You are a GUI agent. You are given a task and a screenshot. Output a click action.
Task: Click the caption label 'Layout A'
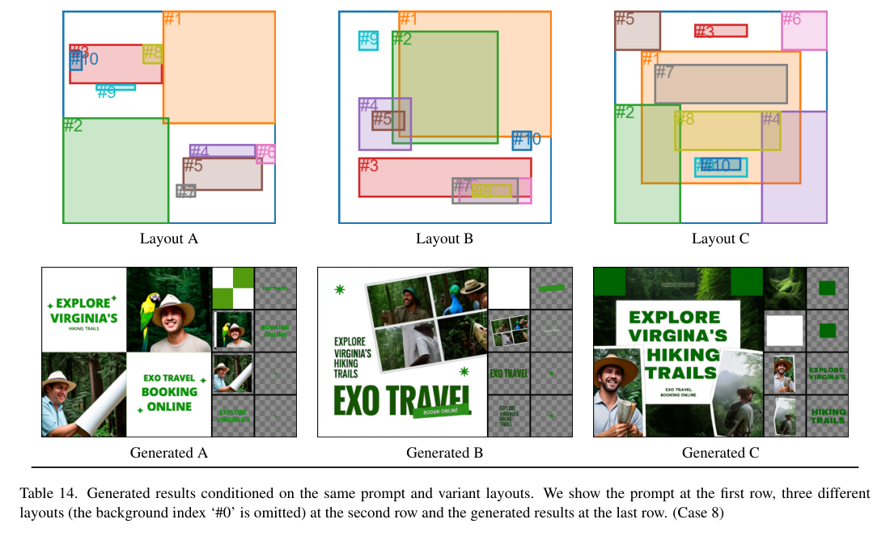(x=168, y=239)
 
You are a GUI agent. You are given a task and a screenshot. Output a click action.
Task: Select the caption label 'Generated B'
(x=444, y=454)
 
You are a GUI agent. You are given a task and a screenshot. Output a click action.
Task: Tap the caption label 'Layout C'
(x=720, y=239)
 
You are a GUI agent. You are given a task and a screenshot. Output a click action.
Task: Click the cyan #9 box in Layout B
(x=369, y=40)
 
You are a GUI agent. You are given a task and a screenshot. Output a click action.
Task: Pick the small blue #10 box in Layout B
(x=522, y=141)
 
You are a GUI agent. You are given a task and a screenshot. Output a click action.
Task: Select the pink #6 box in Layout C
(x=803, y=31)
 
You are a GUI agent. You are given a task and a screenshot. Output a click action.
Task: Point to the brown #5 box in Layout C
(x=638, y=31)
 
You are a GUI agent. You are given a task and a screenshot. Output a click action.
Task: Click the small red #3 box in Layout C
(x=721, y=31)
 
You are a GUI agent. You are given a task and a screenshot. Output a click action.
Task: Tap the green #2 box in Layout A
(x=116, y=171)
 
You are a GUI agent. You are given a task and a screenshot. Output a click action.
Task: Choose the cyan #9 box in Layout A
(x=116, y=87)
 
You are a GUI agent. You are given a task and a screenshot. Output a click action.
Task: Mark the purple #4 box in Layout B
(x=384, y=124)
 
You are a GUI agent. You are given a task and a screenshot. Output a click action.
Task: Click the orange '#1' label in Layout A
(x=172, y=19)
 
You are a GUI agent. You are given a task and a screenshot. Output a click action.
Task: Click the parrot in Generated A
(x=149, y=320)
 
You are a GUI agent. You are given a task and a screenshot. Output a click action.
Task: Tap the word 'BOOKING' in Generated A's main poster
(x=169, y=392)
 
